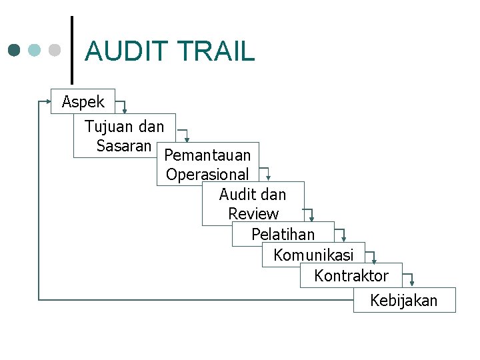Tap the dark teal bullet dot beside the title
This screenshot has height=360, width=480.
coord(15,50)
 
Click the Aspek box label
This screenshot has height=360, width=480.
coord(83,102)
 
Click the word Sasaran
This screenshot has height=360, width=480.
coord(124,145)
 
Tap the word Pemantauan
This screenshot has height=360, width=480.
coord(207,155)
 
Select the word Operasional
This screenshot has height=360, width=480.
coord(207,175)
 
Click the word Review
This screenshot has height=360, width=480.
coord(253,214)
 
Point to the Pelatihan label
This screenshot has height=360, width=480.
coord(283,234)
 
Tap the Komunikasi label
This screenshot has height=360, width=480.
coord(313,255)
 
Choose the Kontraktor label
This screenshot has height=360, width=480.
coord(351,275)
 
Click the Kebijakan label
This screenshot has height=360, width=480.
coord(404,301)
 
